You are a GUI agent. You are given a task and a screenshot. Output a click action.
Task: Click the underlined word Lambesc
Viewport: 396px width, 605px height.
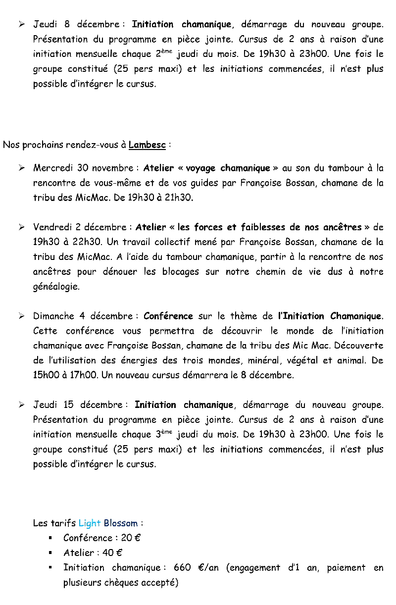[x=147, y=145]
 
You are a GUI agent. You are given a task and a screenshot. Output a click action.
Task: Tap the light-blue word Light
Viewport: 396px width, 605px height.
[x=89, y=523]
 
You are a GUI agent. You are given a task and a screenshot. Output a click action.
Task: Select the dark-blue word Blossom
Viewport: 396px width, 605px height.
[x=121, y=523]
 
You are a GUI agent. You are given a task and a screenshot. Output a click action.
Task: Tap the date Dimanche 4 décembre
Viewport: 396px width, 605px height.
[x=83, y=316]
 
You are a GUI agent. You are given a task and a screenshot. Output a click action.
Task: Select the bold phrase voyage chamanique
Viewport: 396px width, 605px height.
[x=228, y=168]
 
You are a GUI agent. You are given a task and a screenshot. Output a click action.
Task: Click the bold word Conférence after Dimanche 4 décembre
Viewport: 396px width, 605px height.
[x=168, y=316]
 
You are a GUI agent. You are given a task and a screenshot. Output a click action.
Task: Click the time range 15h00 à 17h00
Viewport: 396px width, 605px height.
[x=65, y=375]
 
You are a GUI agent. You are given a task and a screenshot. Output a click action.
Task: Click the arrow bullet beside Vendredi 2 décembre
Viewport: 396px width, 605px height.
[x=22, y=228]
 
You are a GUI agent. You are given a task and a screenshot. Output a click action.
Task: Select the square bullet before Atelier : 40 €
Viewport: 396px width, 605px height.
[x=51, y=553]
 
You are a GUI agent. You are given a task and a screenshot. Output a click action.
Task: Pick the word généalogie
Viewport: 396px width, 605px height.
[x=56, y=287]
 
